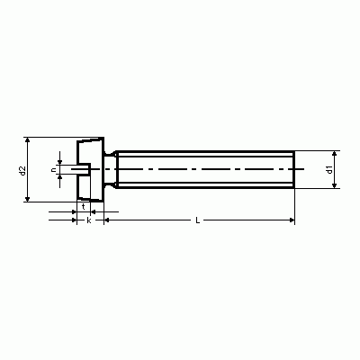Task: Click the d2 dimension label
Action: click(x=22, y=170)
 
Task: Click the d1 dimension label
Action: click(x=329, y=169)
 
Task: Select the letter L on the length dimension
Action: click(x=197, y=220)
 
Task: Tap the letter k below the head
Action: click(x=89, y=220)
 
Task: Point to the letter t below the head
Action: click(x=84, y=207)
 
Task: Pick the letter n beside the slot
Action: click(x=54, y=170)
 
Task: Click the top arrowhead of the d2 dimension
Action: click(x=28, y=139)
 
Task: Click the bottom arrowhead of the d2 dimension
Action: click(x=28, y=199)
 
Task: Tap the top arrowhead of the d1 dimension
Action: click(x=335, y=154)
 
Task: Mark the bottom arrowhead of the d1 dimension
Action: click(x=335, y=185)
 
